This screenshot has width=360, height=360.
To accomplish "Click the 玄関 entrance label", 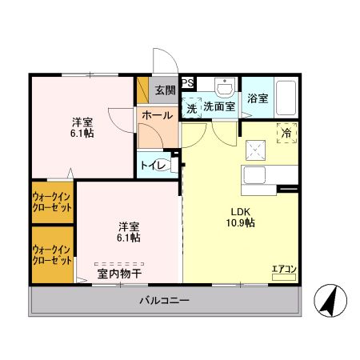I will click(164, 89).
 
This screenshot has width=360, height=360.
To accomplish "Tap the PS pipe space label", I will click(186, 82).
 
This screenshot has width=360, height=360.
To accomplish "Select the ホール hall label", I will click(156, 115).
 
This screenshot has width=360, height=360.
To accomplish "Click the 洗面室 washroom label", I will click(218, 106).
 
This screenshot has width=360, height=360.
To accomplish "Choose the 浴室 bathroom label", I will click(257, 98).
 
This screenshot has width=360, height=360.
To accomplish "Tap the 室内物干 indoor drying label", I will click(120, 274).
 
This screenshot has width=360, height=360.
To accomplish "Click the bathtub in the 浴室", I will click(286, 98).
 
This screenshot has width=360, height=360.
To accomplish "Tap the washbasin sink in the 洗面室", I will click(226, 86).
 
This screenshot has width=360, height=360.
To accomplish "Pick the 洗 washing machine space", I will click(192, 106).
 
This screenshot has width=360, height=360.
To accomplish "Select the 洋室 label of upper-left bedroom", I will click(82, 122).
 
